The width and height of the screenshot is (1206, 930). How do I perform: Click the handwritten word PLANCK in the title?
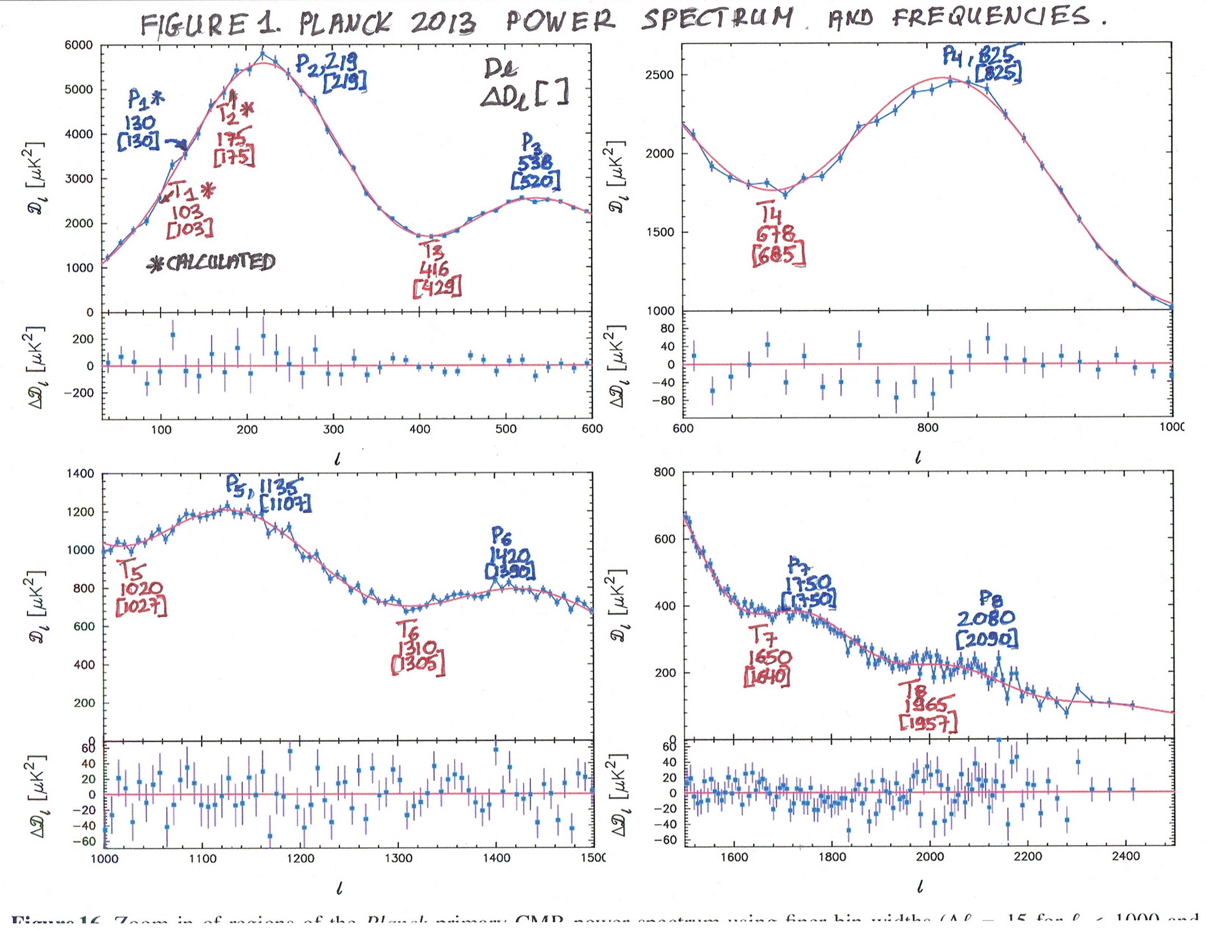[x=344, y=24]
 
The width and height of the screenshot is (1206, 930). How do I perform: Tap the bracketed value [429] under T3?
[x=437, y=287]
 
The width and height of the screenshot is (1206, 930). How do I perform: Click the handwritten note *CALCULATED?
[x=211, y=263]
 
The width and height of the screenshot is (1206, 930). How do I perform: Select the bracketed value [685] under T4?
[x=779, y=255]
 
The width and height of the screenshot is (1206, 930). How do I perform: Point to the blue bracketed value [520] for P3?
[x=536, y=181]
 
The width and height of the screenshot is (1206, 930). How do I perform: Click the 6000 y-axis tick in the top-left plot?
[x=79, y=45]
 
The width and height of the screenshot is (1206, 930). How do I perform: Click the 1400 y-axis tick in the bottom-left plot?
[x=81, y=474]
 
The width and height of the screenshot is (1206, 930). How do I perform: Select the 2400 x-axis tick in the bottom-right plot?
[x=1126, y=857]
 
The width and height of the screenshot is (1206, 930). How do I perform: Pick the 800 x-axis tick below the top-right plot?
[x=927, y=428]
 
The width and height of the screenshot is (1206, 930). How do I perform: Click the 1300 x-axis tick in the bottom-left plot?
[x=398, y=858]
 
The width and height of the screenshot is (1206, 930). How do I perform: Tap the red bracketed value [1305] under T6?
[x=418, y=665]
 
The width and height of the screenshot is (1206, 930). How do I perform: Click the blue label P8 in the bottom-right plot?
[x=990, y=599]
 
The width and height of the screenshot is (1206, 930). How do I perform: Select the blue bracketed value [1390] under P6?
[x=510, y=572]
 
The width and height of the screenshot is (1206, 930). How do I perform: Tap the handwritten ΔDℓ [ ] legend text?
[x=525, y=94]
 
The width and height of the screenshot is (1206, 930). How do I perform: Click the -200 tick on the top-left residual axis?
[x=78, y=393]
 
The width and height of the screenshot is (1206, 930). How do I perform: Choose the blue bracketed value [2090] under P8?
[x=987, y=639]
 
